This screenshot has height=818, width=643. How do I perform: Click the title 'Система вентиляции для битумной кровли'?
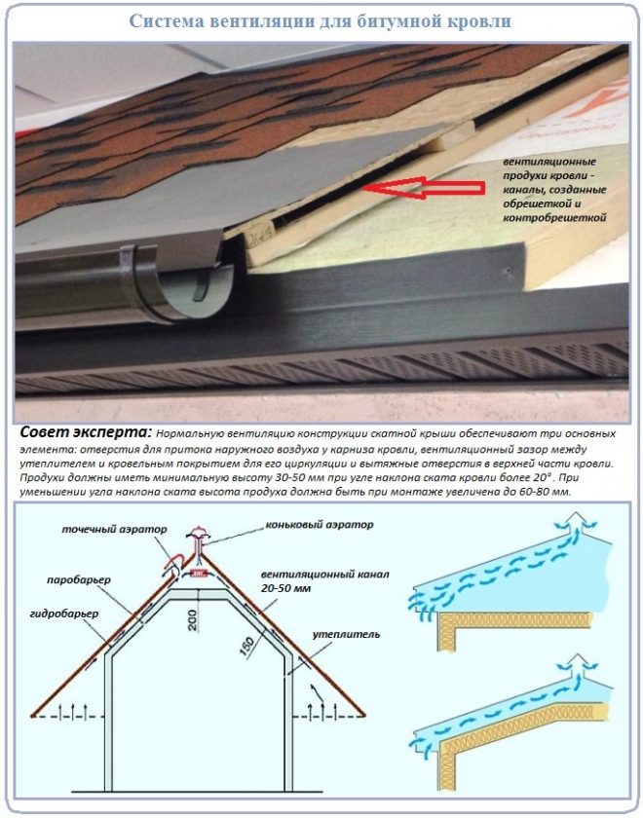[x=320, y=21]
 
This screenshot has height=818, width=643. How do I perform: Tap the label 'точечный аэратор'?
[x=115, y=529]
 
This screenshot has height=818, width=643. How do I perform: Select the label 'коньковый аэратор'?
[x=320, y=524]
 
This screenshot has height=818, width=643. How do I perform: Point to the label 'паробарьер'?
[x=79, y=580]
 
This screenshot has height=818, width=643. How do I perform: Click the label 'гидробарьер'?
[x=64, y=613]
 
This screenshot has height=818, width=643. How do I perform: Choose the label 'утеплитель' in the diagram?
[x=346, y=634]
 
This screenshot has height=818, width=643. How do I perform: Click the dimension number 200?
[x=193, y=621]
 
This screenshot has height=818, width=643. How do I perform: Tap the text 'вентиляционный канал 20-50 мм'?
[x=325, y=581]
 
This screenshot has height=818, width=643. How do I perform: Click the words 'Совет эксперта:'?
[x=86, y=432]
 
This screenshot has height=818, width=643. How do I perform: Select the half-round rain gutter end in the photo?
[x=183, y=288]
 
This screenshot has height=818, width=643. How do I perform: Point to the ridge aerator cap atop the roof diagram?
[x=201, y=534]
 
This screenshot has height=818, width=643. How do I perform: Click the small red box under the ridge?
[x=199, y=573]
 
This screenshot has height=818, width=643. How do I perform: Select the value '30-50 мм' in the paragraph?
[x=220, y=478]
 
